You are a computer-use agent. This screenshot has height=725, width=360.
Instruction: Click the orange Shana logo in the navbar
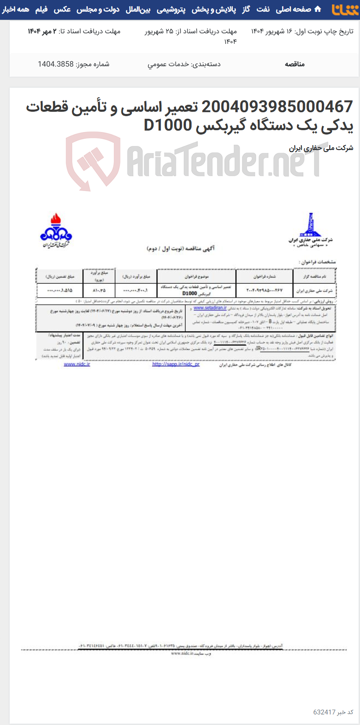point(345,9)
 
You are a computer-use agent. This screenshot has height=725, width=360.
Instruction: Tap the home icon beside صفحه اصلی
point(318,9)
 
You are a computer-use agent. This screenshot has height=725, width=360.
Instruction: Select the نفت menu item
point(263,9)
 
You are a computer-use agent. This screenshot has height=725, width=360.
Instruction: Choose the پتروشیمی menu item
point(171,9)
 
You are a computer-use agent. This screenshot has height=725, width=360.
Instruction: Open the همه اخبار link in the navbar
point(15,9)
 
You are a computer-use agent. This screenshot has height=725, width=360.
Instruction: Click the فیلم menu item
point(41,9)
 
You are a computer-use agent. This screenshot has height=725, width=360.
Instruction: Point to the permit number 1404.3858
point(56,64)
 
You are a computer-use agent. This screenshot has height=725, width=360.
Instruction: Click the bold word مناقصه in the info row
point(294,64)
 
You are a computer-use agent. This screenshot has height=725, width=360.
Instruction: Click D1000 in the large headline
point(168,125)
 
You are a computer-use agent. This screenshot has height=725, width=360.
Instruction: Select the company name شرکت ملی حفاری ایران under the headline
point(321,148)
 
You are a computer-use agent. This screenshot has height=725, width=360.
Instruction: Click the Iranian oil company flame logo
point(56,229)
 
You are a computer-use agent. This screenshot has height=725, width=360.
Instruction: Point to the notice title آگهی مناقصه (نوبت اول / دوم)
point(181,249)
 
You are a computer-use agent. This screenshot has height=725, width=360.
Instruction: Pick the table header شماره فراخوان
point(264,277)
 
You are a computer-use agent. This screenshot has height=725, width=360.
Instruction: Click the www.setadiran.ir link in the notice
point(210,308)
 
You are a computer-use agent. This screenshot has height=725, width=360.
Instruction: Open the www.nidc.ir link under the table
point(77,364)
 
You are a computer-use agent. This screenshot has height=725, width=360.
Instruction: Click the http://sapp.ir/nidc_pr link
point(175,364)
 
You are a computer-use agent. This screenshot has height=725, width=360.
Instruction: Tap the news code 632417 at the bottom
point(324,712)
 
